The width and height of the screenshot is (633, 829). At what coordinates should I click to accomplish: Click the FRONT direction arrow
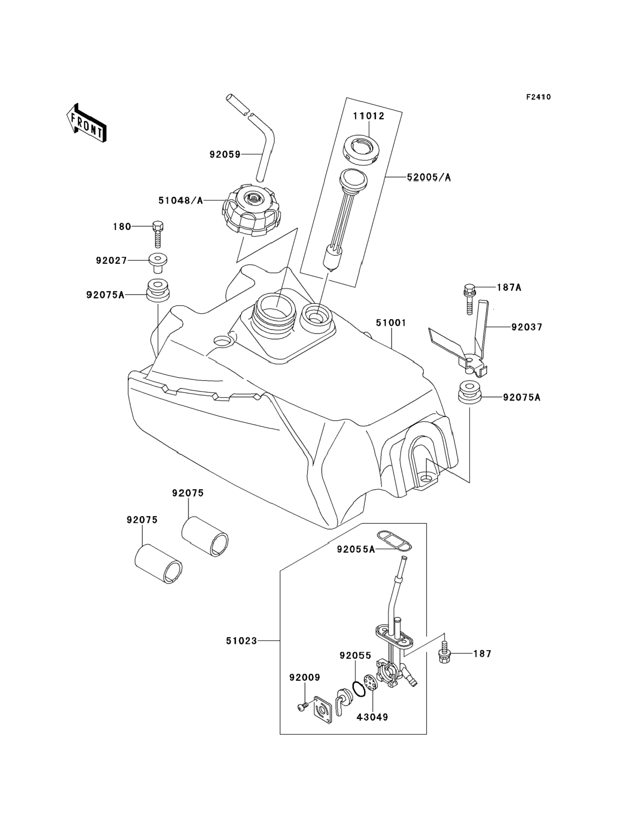tap(86, 124)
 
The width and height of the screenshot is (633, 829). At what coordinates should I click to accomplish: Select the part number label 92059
tap(225, 154)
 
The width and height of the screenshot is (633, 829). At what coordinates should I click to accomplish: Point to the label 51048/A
tap(180, 201)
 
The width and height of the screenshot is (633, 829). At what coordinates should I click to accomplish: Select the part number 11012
tap(369, 116)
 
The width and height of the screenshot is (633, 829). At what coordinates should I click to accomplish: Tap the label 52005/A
tap(429, 177)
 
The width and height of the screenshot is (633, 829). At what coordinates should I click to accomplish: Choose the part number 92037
tap(527, 327)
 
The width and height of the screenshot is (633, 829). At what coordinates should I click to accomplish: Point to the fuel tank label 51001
tap(391, 323)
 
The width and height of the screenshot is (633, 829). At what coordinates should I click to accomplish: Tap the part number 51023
tap(241, 640)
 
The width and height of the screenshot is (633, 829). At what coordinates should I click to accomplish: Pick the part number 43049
tap(372, 717)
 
